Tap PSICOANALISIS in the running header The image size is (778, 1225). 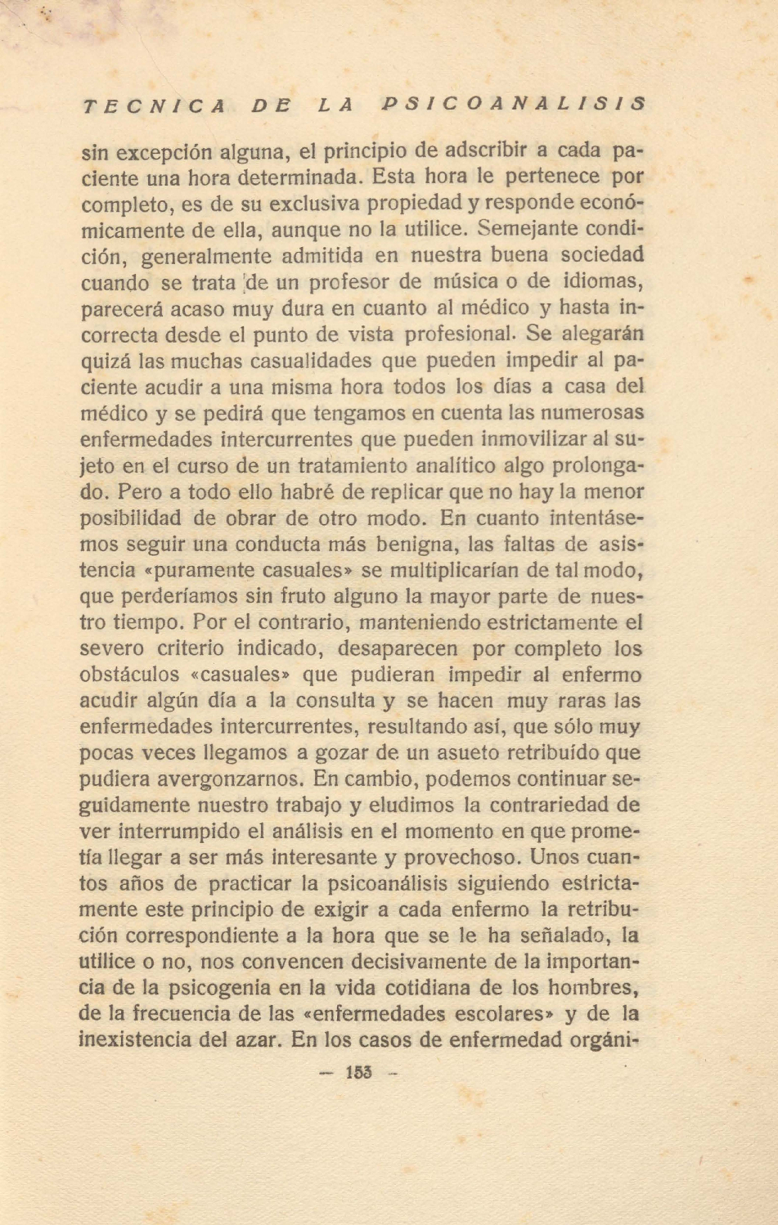(x=514, y=105)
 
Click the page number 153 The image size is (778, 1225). (x=358, y=1072)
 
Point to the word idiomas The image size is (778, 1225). (x=603, y=281)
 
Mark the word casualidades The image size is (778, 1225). (x=311, y=361)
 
